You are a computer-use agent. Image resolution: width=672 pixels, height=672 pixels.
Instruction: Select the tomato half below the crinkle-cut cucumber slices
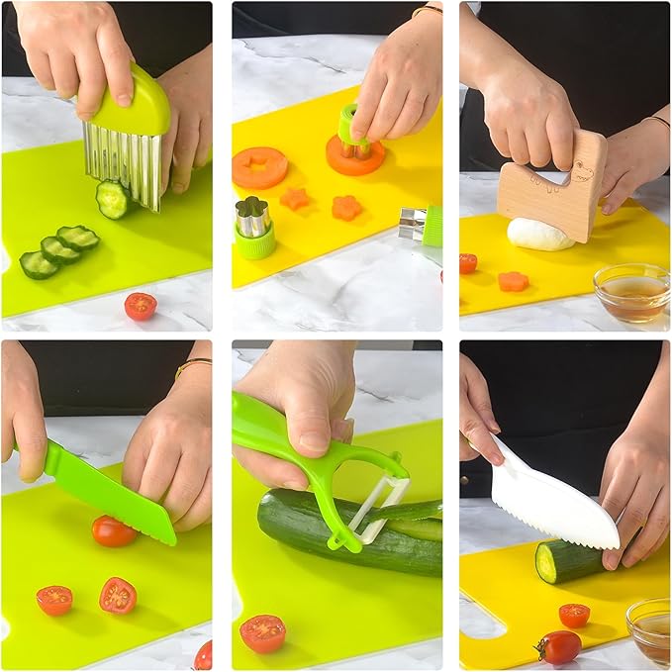pyautogui.click(x=141, y=306)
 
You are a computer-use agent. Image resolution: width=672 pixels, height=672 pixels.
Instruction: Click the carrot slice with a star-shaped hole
pyautogui.click(x=259, y=166)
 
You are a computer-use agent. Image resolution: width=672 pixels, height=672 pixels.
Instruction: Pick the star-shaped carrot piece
pyautogui.click(x=295, y=198)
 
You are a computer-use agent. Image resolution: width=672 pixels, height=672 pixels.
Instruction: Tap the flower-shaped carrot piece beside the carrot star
pyautogui.click(x=346, y=207)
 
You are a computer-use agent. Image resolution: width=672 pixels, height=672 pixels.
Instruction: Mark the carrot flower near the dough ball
pyautogui.click(x=513, y=281)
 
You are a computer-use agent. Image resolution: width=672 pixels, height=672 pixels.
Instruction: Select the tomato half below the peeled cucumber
pyautogui.click(x=262, y=632)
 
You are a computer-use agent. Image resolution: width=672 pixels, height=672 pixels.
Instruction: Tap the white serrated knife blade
pyautogui.click(x=554, y=500)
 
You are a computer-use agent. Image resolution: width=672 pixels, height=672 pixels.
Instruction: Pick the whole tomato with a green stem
pyautogui.click(x=559, y=647)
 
